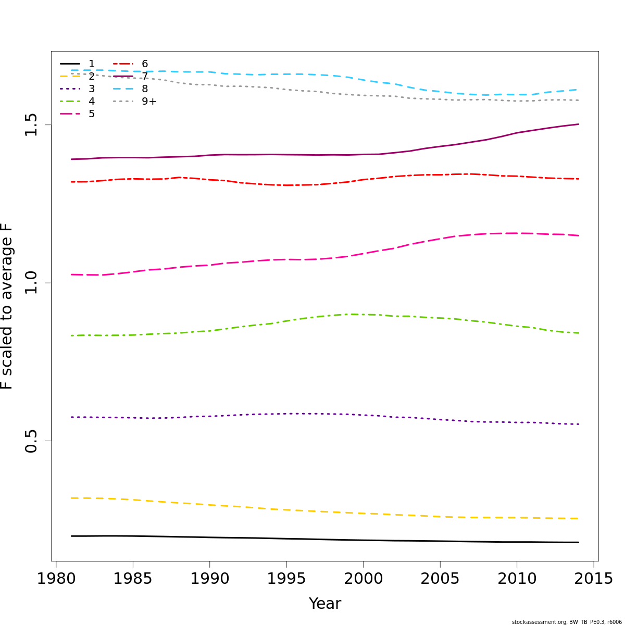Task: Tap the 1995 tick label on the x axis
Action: click(x=286, y=579)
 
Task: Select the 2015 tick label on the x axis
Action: click(x=594, y=579)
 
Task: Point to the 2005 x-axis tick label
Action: click(x=440, y=579)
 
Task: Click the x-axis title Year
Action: click(x=325, y=604)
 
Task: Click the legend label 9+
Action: click(x=149, y=102)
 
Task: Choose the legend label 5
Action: click(x=92, y=114)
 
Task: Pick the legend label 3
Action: click(x=92, y=89)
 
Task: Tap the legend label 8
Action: click(x=145, y=89)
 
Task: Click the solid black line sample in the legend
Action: click(x=70, y=64)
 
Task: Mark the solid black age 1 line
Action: click(x=312, y=539)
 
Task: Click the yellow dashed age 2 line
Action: click(x=312, y=511)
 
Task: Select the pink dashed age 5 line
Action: click(x=312, y=259)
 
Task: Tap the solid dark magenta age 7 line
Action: click(x=312, y=155)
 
